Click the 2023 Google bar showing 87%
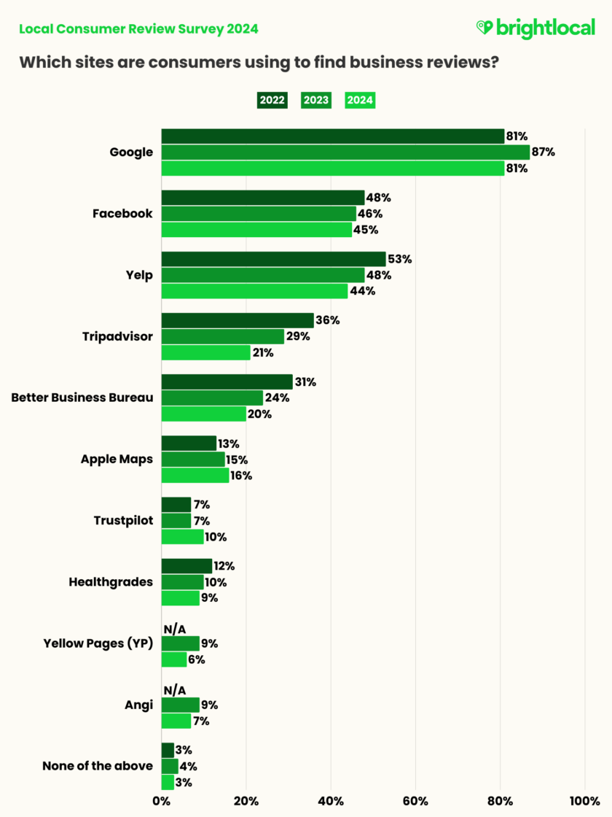345,152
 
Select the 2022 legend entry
272,101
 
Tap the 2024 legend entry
359,101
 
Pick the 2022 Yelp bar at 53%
273,259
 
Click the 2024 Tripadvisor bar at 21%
205,352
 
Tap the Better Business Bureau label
82,398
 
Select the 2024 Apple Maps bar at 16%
195,476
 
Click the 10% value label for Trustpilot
216,537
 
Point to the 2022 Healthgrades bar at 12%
187,566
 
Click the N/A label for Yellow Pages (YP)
175,628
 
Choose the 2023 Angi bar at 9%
180,705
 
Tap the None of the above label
98,766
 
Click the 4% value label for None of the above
189,766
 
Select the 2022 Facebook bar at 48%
262,198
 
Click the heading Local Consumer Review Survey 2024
138,29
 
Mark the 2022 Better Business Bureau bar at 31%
227,382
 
